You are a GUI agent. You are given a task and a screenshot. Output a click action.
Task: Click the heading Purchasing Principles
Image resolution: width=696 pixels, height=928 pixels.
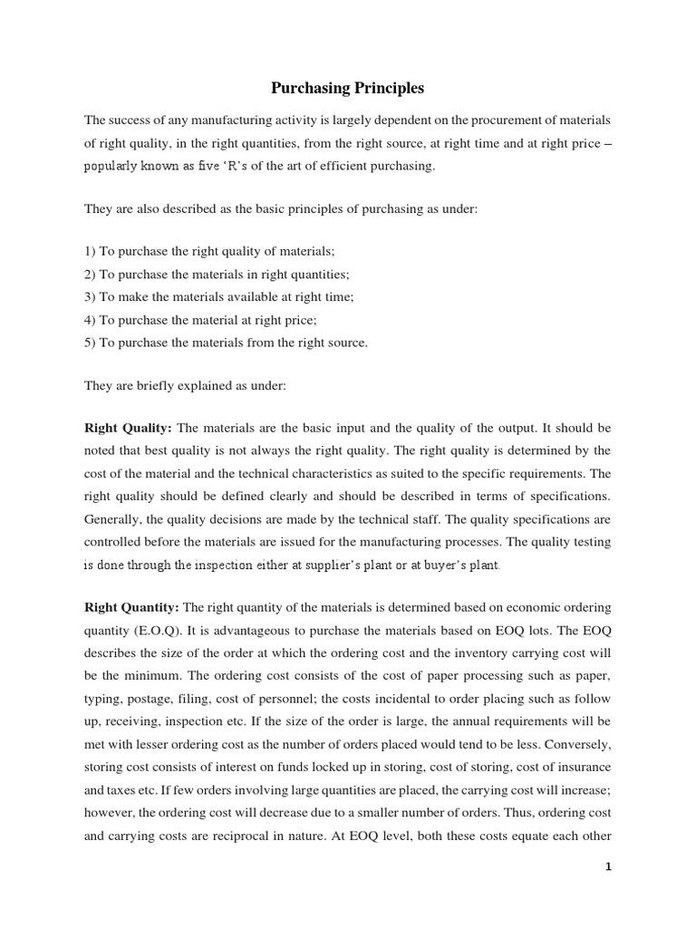pos(348,89)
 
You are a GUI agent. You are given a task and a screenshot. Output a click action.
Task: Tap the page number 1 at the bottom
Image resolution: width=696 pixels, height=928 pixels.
pos(609,866)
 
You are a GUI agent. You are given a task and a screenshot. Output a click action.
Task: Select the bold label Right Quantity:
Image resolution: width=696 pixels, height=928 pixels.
pos(132,606)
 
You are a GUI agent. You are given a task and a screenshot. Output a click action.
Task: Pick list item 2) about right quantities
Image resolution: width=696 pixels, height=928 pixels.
pos(217,273)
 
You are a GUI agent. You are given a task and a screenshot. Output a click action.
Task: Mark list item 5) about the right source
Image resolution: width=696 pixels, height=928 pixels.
pos(227,343)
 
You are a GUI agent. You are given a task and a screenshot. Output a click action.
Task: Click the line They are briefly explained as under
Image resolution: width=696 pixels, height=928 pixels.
pos(185,385)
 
